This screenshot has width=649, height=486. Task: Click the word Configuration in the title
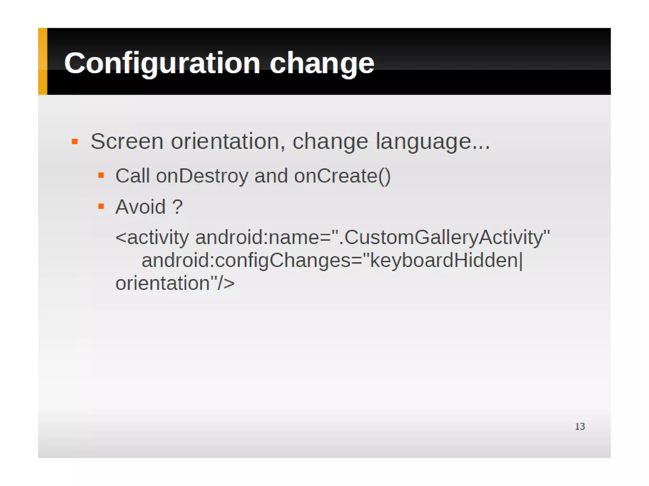point(162,63)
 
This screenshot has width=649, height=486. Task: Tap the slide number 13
point(580,426)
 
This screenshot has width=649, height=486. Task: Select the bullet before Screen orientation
point(75,141)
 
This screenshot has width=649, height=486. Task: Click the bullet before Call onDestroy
point(101,175)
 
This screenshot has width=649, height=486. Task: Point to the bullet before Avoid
point(101,207)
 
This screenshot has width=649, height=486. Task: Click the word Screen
point(127,141)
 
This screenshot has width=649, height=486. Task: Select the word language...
point(433,141)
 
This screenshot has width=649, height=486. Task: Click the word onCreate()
point(342,176)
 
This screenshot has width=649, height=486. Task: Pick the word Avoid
point(140,207)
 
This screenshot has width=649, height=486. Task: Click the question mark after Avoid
point(177,207)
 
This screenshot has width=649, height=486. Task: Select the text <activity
point(152,237)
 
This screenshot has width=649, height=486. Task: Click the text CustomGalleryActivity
point(444,237)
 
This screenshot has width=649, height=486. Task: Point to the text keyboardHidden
point(444,260)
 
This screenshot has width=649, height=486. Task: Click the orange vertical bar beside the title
point(42,61)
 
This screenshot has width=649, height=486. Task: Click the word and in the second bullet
point(271,176)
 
